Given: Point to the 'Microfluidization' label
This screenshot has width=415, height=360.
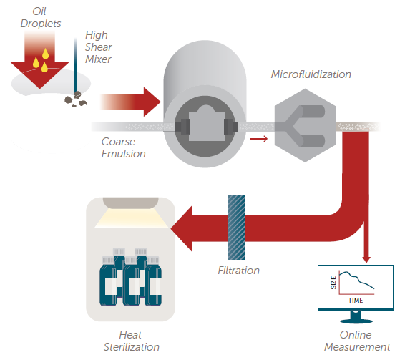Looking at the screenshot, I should point(311,74).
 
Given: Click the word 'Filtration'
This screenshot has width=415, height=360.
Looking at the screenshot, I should point(238,271).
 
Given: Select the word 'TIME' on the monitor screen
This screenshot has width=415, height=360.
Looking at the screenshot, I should point(356,301).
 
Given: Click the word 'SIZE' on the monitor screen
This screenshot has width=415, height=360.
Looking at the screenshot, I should point(333,283).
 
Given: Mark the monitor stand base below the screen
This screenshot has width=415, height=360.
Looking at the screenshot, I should point(355,318).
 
